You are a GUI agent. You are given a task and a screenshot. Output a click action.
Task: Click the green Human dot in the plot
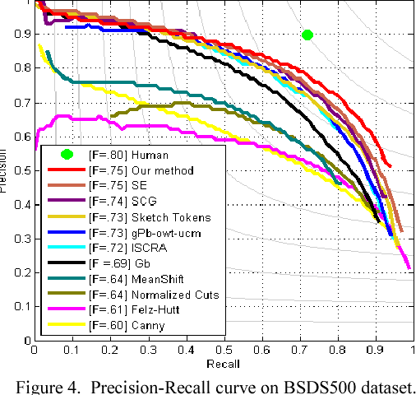coord(307,35)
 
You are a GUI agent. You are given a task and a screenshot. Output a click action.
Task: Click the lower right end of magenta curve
coord(409,267)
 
